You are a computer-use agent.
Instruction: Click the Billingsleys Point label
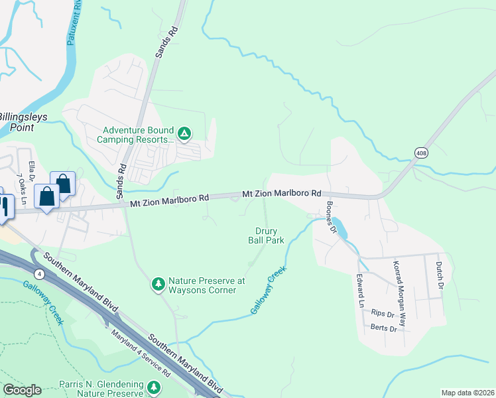[27, 121]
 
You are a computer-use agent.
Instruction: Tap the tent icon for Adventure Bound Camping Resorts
[185, 135]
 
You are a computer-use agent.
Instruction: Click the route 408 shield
[422, 153]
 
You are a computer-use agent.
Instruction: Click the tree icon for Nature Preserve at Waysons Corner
[158, 284]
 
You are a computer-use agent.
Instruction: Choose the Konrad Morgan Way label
[402, 280]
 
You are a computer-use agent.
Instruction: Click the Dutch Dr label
[439, 275]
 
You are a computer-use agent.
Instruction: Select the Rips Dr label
[383, 312]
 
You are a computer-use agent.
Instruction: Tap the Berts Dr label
[384, 328]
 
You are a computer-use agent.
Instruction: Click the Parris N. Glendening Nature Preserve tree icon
[154, 386]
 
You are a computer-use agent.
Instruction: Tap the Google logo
[22, 390]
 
